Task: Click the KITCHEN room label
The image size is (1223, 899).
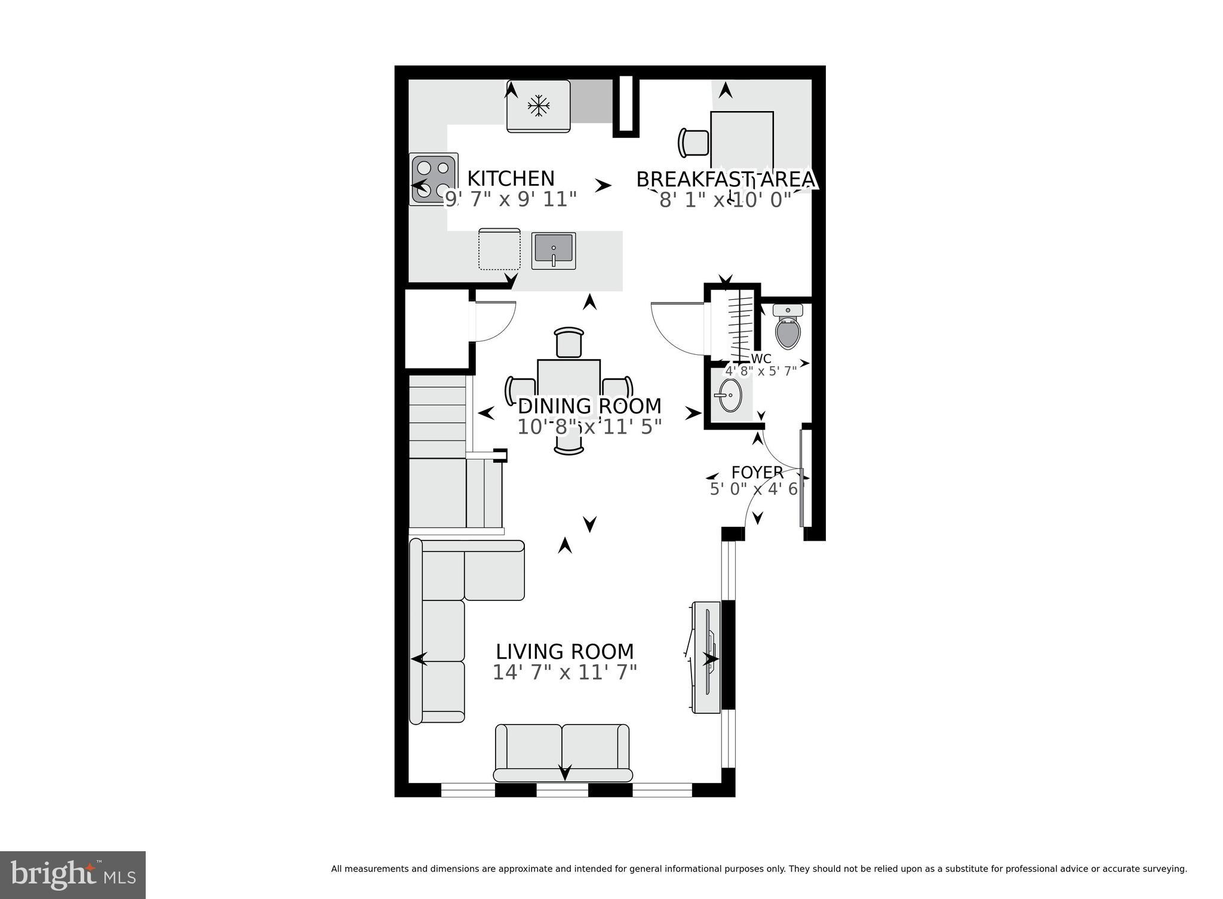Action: coord(511,179)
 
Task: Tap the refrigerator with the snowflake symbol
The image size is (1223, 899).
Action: coord(538,106)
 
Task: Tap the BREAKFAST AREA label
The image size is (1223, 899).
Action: coord(725,179)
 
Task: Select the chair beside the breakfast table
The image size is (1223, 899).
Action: coord(693,143)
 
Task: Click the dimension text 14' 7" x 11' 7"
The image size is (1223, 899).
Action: coord(564,673)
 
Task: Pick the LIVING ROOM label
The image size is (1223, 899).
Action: coord(564,651)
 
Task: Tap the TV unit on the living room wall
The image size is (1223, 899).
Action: coord(706,658)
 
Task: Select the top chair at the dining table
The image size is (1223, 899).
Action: coord(569,343)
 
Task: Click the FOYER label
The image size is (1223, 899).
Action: coord(757,472)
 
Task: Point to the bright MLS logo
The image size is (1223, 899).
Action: coord(73,875)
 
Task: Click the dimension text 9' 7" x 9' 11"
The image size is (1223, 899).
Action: coord(511,200)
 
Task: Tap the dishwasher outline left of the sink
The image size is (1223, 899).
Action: coord(499,249)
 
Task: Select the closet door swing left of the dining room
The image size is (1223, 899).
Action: coord(496,322)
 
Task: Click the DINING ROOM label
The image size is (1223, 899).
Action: coord(589,406)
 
